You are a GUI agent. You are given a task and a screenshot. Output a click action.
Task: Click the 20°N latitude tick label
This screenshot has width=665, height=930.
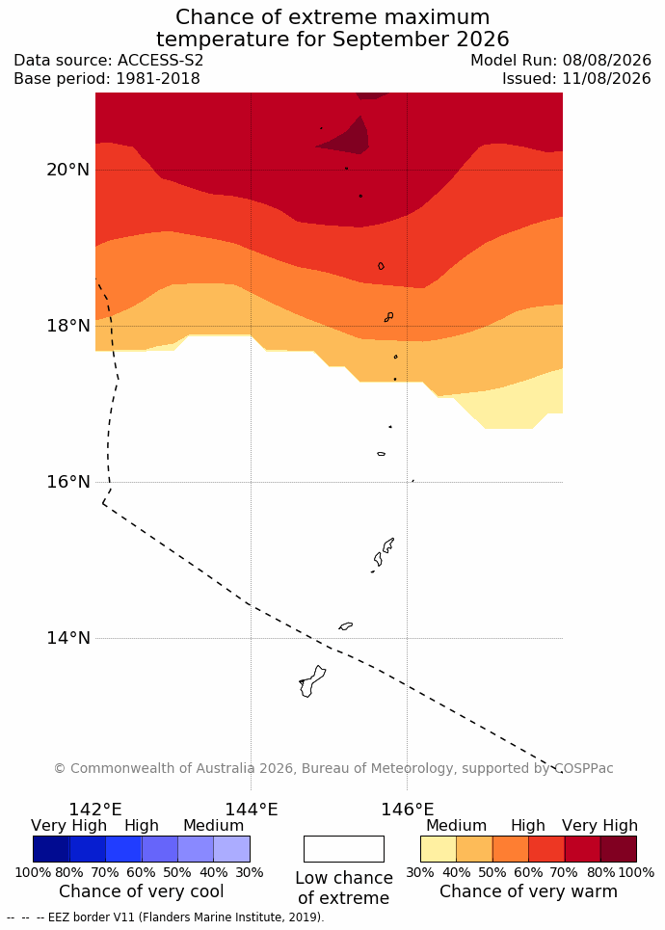[x=67, y=170]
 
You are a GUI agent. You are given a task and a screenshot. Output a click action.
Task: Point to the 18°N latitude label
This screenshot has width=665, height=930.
[x=67, y=326]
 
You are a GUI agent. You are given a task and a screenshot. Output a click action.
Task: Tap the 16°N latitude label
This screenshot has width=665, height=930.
[x=67, y=482]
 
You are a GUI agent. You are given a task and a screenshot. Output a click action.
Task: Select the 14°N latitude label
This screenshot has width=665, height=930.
[x=67, y=638]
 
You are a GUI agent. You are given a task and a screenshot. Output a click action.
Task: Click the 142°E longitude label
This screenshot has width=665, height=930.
[x=95, y=809]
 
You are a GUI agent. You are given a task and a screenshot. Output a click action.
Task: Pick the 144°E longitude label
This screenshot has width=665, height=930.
[x=251, y=809]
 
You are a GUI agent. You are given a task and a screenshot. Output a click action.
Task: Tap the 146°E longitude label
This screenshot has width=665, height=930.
[x=407, y=809]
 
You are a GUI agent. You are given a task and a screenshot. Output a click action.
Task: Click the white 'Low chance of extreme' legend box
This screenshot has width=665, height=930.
[x=344, y=849]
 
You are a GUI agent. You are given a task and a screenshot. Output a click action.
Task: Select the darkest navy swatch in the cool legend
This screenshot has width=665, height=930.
[x=51, y=849]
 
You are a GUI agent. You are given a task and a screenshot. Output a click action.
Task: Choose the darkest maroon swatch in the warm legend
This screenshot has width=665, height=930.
[x=619, y=849]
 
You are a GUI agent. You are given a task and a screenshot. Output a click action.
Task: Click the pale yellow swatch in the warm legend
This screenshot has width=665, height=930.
[x=439, y=849]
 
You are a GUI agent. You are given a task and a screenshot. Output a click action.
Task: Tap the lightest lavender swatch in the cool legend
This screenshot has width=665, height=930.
[x=232, y=849]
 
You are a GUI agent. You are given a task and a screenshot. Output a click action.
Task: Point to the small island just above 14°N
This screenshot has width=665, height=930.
[x=346, y=625]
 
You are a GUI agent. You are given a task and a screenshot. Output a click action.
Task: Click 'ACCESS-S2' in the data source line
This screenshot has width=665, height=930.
[x=160, y=61]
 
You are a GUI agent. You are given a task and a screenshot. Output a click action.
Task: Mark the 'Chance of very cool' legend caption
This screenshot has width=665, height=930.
[x=141, y=890]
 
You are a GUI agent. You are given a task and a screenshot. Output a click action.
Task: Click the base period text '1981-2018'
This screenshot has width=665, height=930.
[x=158, y=78]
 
